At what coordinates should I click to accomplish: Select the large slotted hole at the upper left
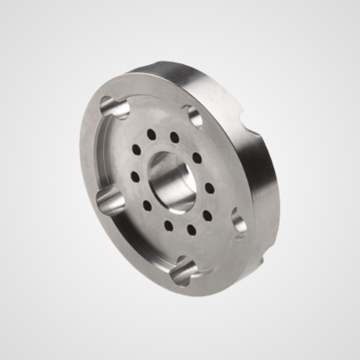pos(114,108)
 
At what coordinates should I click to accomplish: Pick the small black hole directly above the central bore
pos(175,137)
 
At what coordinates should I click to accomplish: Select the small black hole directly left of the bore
pos(135,176)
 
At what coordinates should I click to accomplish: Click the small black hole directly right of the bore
pos(210,188)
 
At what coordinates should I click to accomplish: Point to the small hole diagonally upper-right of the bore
pos(197,158)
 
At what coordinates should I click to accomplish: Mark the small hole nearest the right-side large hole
pos(207,216)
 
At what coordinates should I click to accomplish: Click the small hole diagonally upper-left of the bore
pos(136,149)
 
